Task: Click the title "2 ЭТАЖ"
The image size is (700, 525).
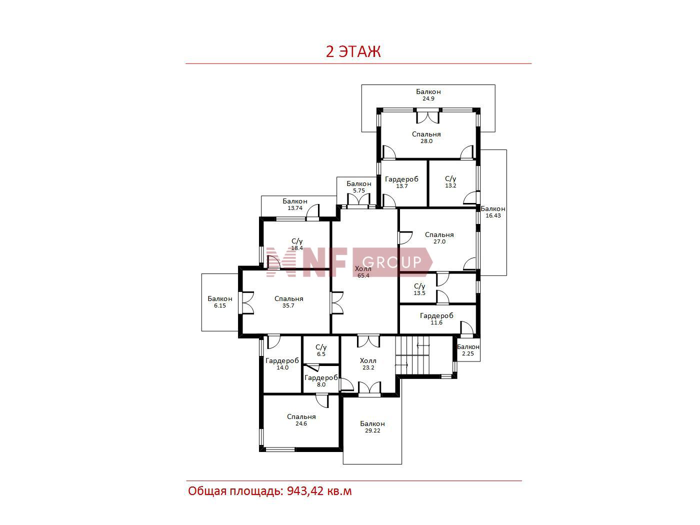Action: pyautogui.click(x=353, y=51)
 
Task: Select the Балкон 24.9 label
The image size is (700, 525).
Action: pyautogui.click(x=428, y=95)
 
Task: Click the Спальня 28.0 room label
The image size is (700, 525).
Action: pyautogui.click(x=426, y=137)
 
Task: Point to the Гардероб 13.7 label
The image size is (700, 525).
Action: pyautogui.click(x=401, y=182)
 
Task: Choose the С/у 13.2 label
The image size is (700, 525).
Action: pyautogui.click(x=450, y=182)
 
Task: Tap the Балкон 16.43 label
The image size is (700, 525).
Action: pyautogui.click(x=493, y=212)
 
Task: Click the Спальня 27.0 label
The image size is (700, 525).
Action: pyautogui.click(x=439, y=238)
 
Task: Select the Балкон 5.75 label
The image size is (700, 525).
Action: pyautogui.click(x=359, y=187)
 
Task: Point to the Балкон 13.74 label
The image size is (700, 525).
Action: pyautogui.click(x=295, y=204)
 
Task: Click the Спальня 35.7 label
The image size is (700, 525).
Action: pyautogui.click(x=288, y=302)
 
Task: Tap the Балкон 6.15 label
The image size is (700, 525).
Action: pyautogui.click(x=219, y=302)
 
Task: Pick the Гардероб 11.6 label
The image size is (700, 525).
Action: pyautogui.click(x=436, y=319)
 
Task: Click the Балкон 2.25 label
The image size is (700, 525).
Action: pyautogui.click(x=468, y=350)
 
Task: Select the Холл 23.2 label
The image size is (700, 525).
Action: pyautogui.click(x=368, y=364)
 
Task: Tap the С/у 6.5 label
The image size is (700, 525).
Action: pyautogui.click(x=321, y=350)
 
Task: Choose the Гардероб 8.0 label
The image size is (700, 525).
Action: pyautogui.click(x=321, y=381)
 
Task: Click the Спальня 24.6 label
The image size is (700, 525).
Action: pyautogui.click(x=301, y=420)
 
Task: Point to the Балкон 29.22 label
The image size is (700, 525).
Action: pyautogui.click(x=372, y=427)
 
